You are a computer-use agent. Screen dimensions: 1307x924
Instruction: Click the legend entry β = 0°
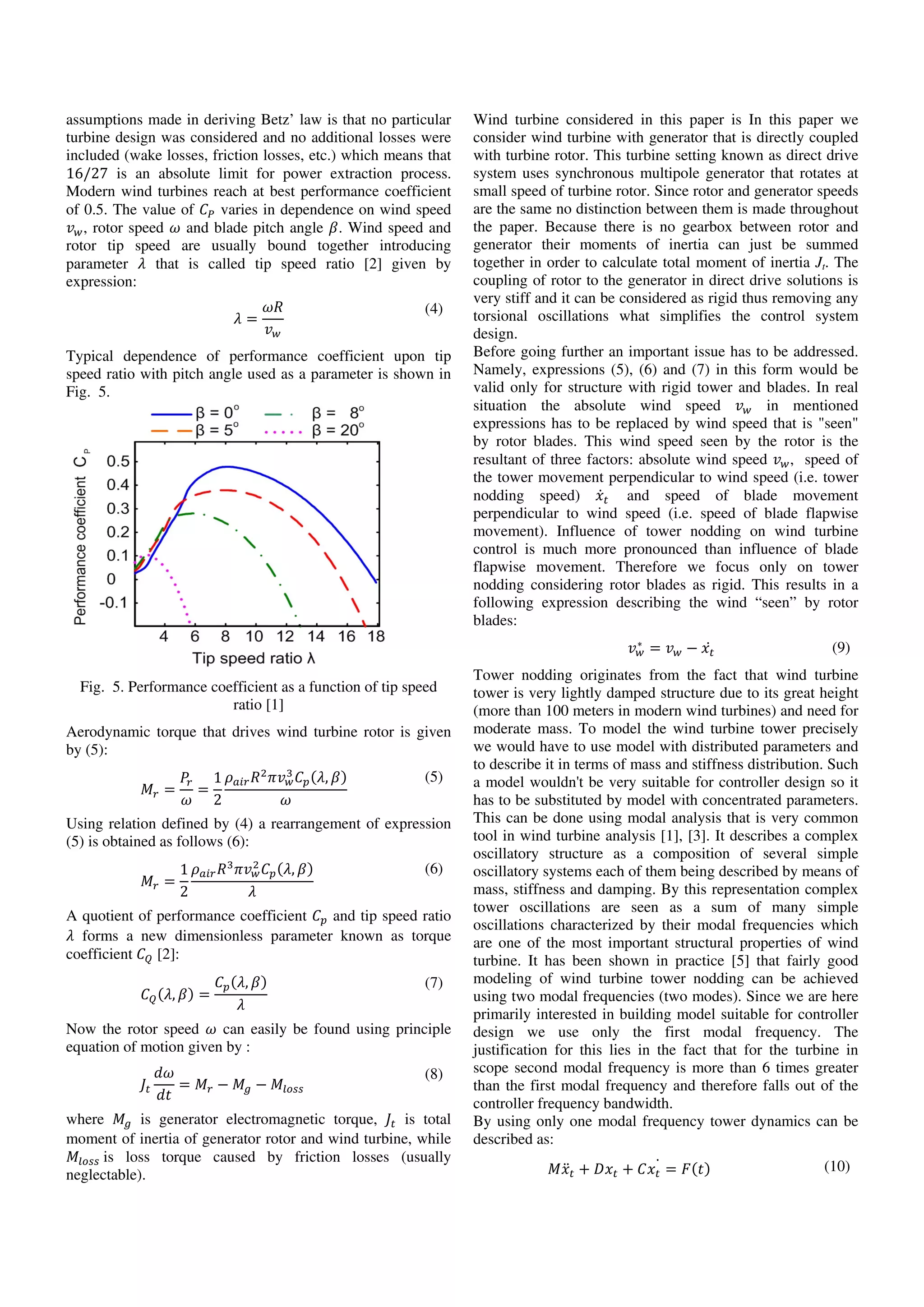[217, 413]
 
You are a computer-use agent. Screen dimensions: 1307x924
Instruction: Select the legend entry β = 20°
[337, 431]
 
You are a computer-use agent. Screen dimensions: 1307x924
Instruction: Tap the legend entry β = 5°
[217, 431]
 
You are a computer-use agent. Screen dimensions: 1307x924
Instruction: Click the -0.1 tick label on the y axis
[113, 602]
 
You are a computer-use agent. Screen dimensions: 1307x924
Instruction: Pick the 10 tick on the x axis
[254, 636]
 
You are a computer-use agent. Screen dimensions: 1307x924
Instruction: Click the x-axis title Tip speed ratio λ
[254, 658]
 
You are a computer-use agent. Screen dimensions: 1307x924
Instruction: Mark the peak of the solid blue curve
[226, 467]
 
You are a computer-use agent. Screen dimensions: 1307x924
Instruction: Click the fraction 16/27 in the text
[87, 174]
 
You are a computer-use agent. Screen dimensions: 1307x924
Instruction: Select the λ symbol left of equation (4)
[238, 319]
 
